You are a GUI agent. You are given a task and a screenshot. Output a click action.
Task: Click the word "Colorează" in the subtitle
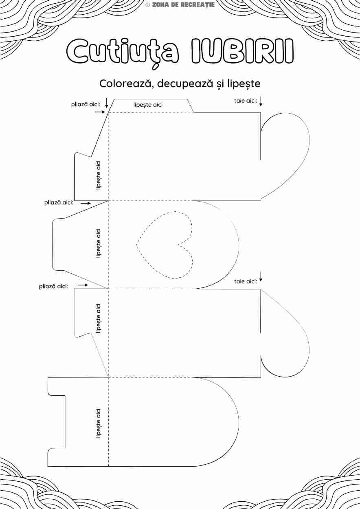(x=125, y=83)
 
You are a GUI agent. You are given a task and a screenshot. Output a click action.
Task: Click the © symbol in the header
(x=148, y=5)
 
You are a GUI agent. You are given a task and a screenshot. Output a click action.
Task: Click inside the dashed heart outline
(x=163, y=244)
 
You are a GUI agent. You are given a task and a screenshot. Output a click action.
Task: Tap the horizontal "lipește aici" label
(x=148, y=105)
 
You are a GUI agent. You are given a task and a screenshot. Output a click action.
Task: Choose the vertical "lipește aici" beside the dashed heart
(x=98, y=243)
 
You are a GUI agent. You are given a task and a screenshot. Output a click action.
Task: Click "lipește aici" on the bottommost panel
(x=98, y=423)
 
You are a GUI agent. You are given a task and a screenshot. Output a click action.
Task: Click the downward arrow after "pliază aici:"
(x=106, y=103)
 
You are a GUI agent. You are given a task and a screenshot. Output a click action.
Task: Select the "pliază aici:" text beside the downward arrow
(x=86, y=104)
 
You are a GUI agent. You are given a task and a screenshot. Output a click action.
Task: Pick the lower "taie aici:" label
(x=245, y=281)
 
